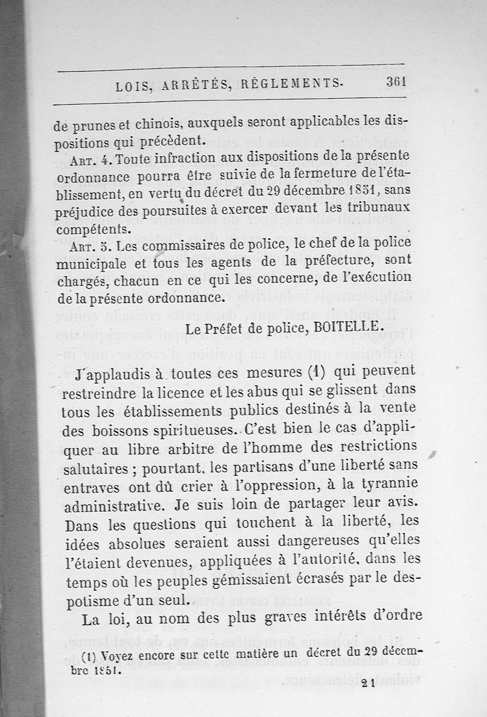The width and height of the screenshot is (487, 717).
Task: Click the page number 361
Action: pos(396,83)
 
